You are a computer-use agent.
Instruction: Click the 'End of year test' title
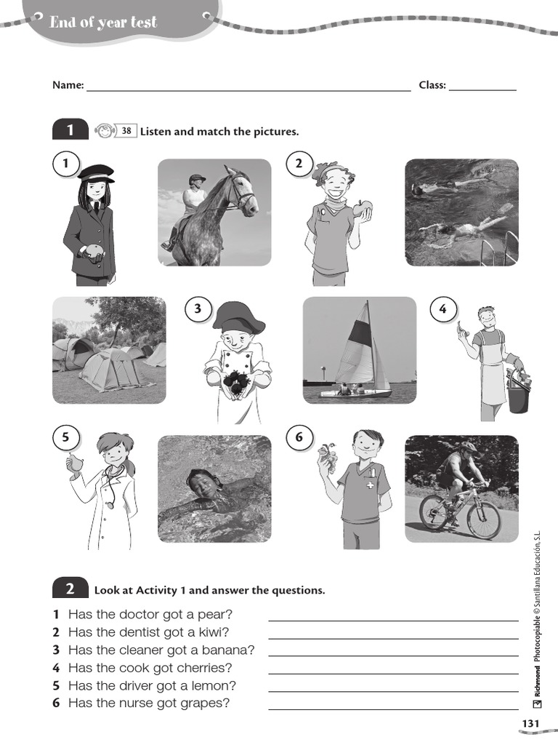pyautogui.click(x=102, y=23)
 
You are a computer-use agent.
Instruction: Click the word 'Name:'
pyautogui.click(x=68, y=85)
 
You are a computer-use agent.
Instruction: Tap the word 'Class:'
pyautogui.click(x=432, y=85)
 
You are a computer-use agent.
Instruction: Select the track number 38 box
pyautogui.click(x=126, y=131)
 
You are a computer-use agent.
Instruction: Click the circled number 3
pyautogui.click(x=198, y=309)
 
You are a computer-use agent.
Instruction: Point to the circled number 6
pyautogui.click(x=299, y=438)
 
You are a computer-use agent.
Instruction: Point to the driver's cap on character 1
pyautogui.click(x=96, y=172)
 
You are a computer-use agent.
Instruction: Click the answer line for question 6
pyautogui.click(x=393, y=709)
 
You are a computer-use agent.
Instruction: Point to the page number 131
pyautogui.click(x=530, y=722)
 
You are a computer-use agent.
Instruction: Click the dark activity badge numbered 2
pyautogui.click(x=70, y=589)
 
